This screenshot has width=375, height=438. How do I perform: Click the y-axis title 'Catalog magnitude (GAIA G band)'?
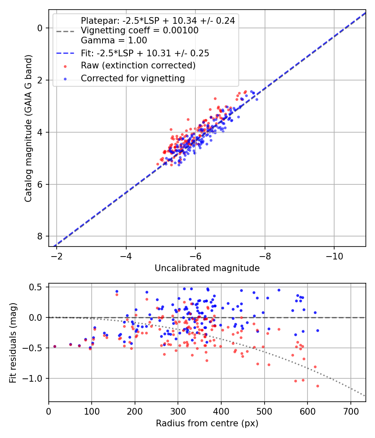click(x=28, y=128)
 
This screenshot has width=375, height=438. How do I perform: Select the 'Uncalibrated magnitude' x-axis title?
click(x=207, y=268)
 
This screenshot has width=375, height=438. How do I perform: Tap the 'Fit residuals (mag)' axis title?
click(x=13, y=343)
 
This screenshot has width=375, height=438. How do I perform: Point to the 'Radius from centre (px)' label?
click(x=207, y=423)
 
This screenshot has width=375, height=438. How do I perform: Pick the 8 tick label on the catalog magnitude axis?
click(x=40, y=237)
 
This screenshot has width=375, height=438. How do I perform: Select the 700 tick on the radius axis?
click(x=350, y=411)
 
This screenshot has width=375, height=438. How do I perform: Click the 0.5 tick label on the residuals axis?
click(x=36, y=287)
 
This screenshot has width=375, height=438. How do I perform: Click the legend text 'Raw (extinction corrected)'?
click(x=138, y=65)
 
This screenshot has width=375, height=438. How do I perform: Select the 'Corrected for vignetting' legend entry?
click(x=133, y=78)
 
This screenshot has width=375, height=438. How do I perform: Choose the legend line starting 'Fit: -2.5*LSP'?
click(x=145, y=53)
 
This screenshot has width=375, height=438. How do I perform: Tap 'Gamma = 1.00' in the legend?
click(x=114, y=40)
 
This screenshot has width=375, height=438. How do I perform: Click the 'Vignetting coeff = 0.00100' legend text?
click(x=140, y=30)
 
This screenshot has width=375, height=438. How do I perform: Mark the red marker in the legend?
click(x=65, y=66)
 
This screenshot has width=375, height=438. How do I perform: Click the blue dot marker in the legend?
click(x=65, y=79)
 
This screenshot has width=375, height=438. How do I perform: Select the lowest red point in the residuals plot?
click(x=317, y=386)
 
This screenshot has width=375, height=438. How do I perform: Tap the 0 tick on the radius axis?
click(x=49, y=411)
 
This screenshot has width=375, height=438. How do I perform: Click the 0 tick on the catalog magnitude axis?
click(x=40, y=28)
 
